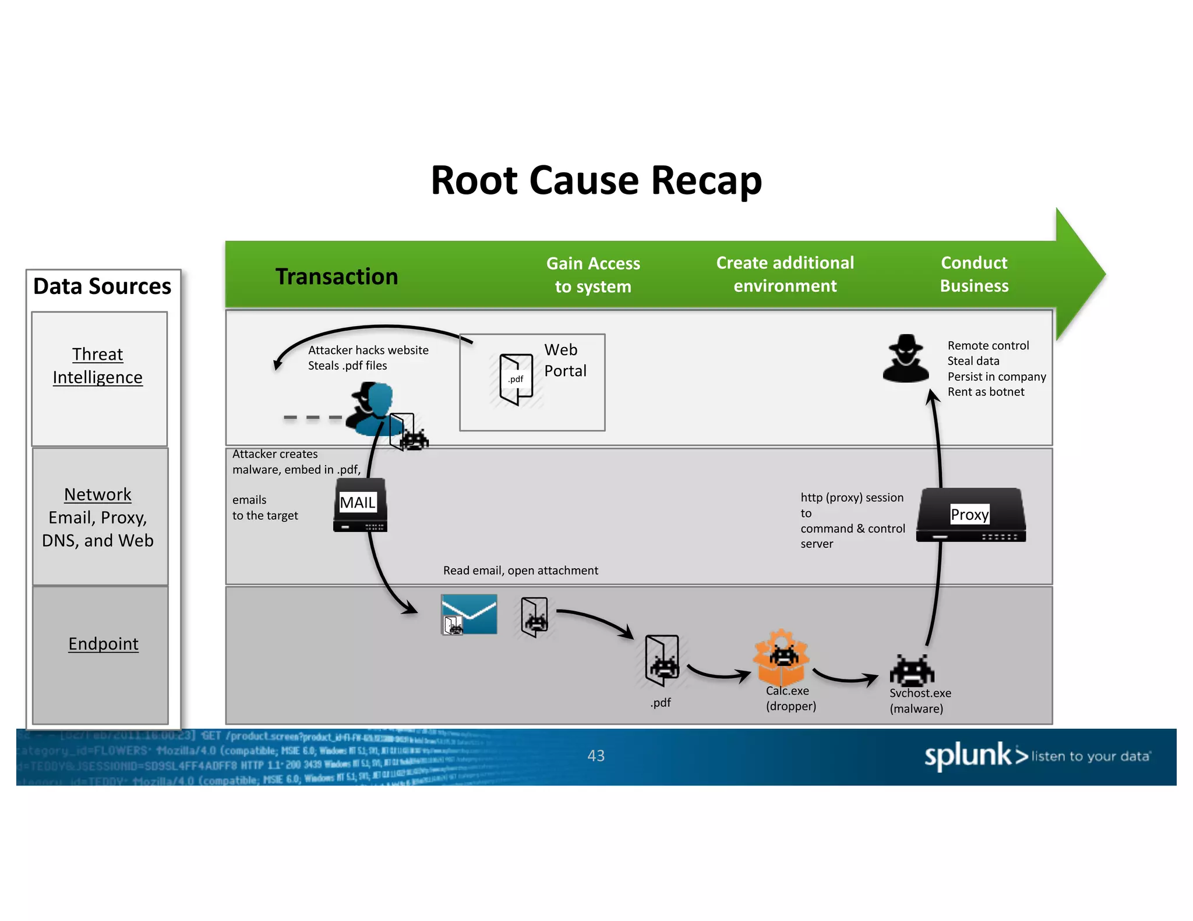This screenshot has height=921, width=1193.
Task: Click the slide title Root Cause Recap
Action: coord(596,180)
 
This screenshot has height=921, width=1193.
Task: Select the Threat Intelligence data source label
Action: coord(98,366)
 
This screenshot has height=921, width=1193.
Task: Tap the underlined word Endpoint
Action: coord(103,643)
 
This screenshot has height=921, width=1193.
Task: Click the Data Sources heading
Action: coord(103,286)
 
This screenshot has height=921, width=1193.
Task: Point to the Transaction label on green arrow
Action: coord(337,276)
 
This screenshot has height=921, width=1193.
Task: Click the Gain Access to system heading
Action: coord(593,275)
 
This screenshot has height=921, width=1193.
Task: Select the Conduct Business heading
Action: coord(974,274)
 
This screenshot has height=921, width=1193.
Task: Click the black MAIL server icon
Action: coord(359,505)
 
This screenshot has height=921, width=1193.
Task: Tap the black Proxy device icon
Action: coord(970,515)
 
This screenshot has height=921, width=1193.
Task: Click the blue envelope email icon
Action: coord(470,614)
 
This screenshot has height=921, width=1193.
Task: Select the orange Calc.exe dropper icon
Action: coord(781,658)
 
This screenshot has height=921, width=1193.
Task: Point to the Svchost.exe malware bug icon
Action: coord(912,670)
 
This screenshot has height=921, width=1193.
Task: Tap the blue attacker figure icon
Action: coord(371,409)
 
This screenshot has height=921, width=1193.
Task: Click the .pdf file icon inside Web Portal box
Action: coord(516,379)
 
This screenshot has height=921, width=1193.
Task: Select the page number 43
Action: coord(596,756)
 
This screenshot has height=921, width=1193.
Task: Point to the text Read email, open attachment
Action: coord(520,571)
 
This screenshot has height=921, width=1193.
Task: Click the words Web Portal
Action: coord(564,360)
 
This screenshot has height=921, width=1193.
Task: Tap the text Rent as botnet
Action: coord(986,392)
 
